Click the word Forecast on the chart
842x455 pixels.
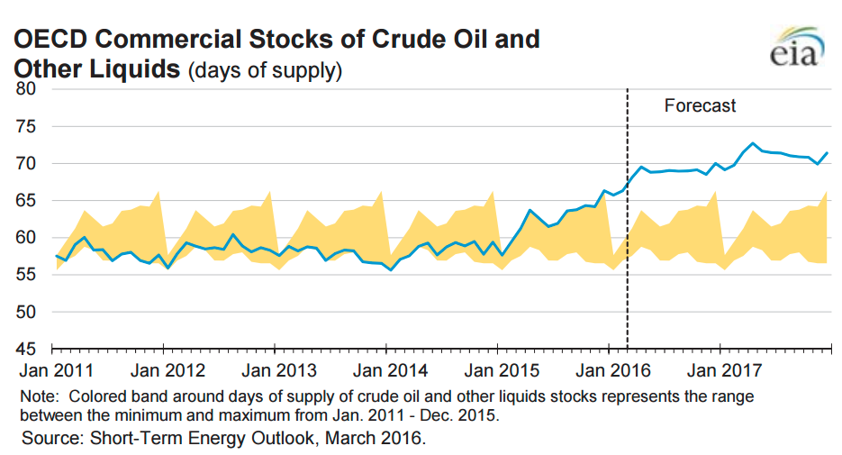[x=700, y=105]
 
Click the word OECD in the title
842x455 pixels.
[x=49, y=40]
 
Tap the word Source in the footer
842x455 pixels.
[x=47, y=439]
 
